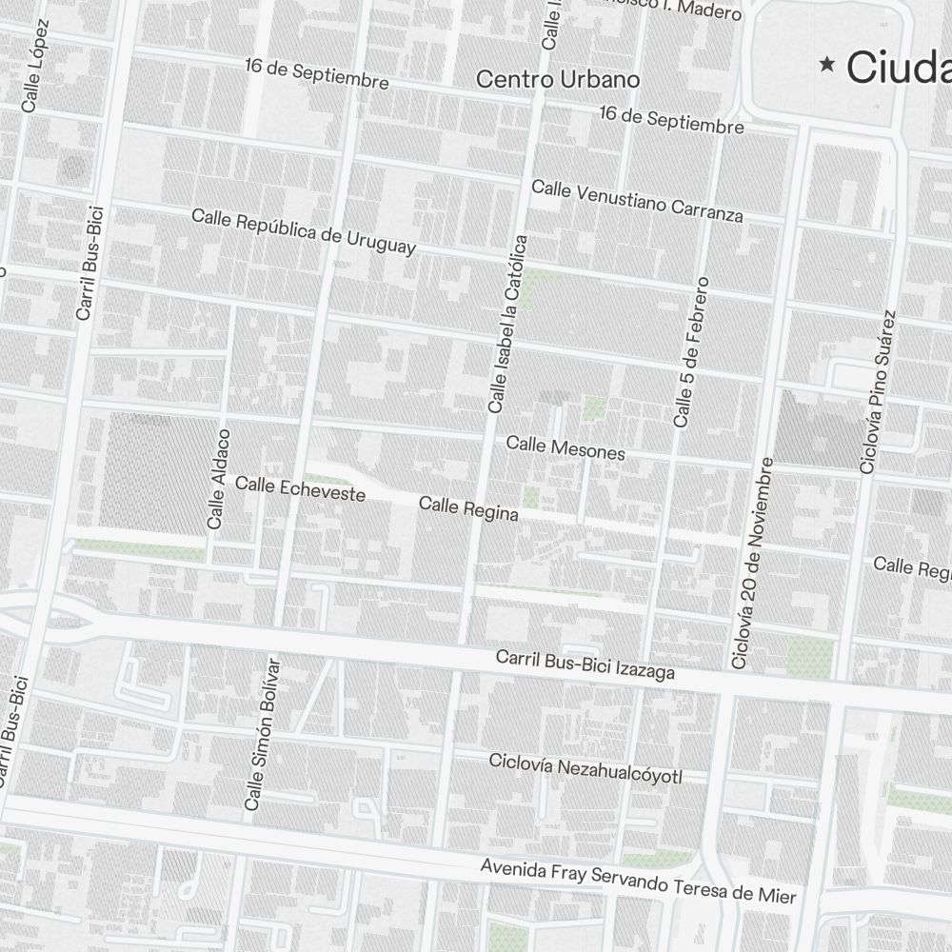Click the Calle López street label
[35, 66]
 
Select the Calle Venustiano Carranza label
[637, 201]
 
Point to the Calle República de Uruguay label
[304, 231]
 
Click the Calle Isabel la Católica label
[507, 324]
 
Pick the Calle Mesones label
[565, 447]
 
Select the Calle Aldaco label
[219, 479]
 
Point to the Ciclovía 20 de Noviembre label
[753, 562]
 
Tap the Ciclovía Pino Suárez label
[878, 391]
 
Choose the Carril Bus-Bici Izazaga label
[585, 665]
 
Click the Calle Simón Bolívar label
[264, 734]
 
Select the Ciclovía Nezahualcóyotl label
[585, 769]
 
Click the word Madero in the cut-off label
[710, 11]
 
